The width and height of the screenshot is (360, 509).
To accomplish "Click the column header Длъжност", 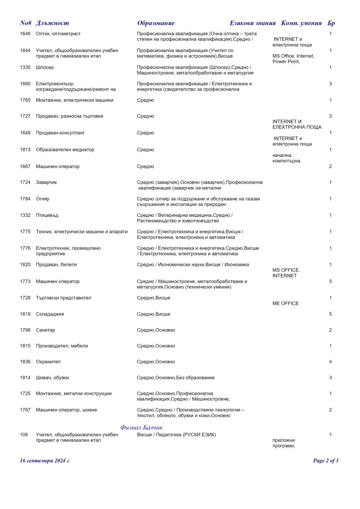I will [52, 23].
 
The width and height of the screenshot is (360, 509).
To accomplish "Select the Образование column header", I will [156, 23].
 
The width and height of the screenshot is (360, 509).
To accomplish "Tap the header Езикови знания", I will [252, 23].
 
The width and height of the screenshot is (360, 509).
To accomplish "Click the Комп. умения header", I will [301, 23].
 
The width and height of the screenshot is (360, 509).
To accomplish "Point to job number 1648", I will [25, 34].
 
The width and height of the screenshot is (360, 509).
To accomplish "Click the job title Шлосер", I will [45, 67].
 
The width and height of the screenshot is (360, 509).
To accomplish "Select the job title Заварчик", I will [46, 182].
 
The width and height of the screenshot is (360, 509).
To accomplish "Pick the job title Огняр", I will [43, 199].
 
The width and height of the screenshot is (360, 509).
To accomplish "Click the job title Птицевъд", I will [48, 215].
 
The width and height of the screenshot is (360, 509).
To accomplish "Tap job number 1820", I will [25, 264].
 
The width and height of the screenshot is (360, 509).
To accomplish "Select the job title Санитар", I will [46, 330].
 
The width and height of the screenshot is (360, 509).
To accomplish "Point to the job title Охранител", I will [48, 362].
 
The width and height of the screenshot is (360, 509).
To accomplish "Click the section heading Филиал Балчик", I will [142, 427].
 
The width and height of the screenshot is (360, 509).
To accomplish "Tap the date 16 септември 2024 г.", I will [45, 461].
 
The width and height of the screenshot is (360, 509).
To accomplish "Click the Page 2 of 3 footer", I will [326, 461].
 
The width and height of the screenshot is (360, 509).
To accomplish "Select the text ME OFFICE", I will [286, 303].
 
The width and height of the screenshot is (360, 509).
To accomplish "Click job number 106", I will [24, 435].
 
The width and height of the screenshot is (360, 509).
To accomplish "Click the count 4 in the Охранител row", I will [330, 362].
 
